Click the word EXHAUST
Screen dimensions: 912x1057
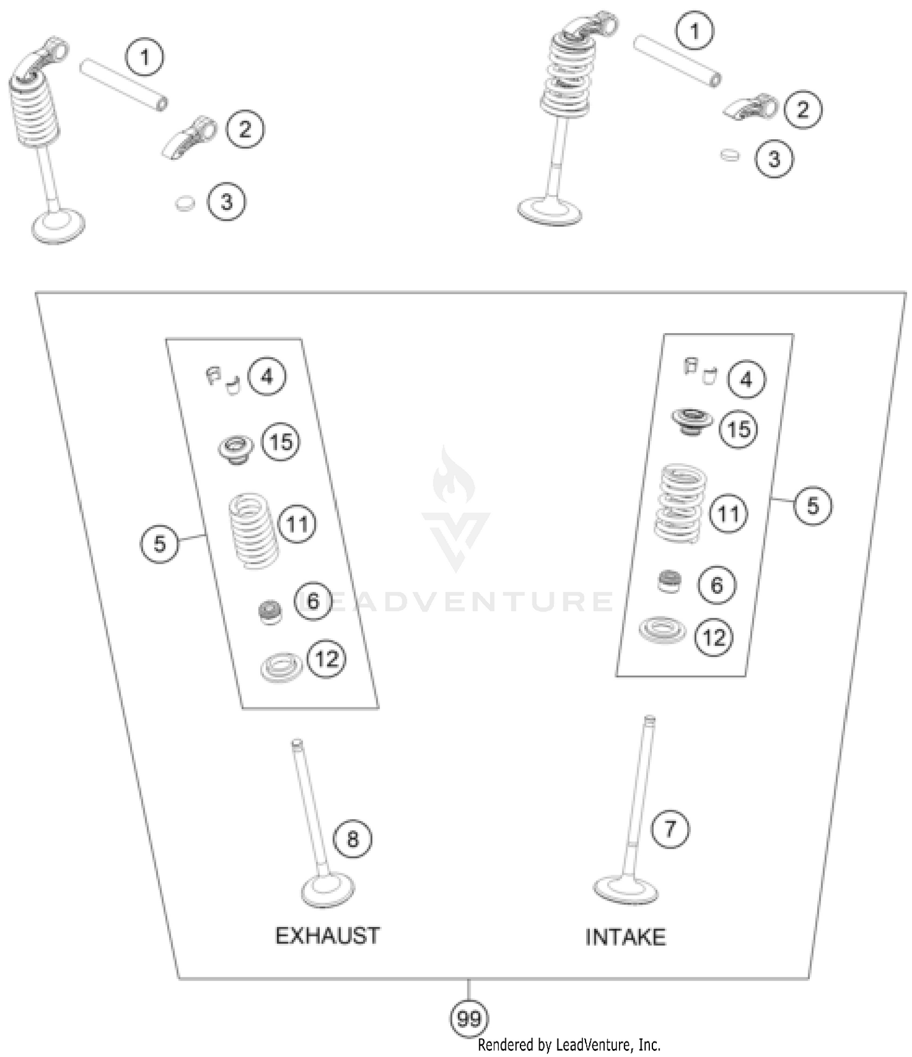tap(328, 935)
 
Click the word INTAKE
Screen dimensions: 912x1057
tap(625, 937)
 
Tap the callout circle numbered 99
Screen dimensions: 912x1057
tap(469, 1018)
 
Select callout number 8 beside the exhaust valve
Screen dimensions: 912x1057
tap(353, 839)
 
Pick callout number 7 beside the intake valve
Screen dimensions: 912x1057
tap(670, 828)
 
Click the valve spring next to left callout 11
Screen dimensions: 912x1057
tap(254, 530)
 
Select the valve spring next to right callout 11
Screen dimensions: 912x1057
tap(680, 503)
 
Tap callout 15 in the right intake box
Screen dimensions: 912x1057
tap(739, 429)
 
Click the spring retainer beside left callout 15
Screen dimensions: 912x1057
tap(236, 449)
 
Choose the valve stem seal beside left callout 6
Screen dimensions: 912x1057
tap(270, 611)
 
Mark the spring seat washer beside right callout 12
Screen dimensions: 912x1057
tap(662, 630)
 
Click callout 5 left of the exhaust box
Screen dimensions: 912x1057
tap(159, 543)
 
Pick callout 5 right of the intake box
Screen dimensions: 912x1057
tap(813, 505)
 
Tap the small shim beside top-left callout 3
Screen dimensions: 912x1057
tap(185, 203)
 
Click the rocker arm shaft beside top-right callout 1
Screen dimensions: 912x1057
tap(677, 61)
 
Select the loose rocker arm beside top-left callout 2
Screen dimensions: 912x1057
tap(191, 137)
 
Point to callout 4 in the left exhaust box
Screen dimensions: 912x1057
tap(267, 377)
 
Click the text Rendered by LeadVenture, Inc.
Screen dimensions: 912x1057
tap(568, 1044)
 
